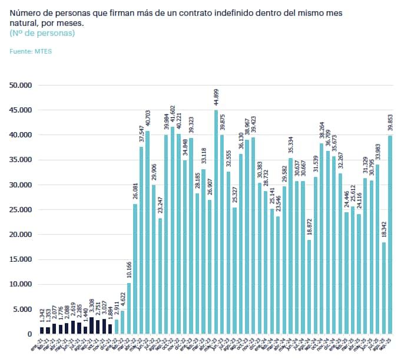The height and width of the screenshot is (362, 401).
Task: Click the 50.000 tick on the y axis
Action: click(x=21, y=85)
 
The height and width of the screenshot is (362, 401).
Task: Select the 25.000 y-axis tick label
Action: click(x=21, y=209)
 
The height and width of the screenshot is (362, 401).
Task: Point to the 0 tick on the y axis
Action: click(x=28, y=334)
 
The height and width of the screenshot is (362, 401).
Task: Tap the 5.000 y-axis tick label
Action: click(x=22, y=309)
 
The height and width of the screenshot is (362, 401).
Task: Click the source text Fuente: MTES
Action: click(x=31, y=52)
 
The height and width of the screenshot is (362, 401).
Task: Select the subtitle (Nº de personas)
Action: click(x=42, y=34)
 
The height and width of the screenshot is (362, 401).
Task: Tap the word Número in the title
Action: click(x=25, y=12)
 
